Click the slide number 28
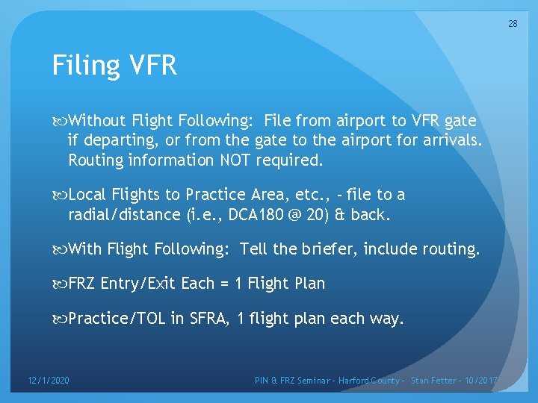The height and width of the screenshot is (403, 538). [x=513, y=24]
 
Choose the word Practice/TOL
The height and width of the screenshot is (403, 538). [x=117, y=319]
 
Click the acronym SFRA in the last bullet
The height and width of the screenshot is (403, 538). [x=208, y=319]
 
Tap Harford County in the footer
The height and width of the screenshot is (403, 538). [x=371, y=381]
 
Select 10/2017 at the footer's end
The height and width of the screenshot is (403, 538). [x=484, y=381]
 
